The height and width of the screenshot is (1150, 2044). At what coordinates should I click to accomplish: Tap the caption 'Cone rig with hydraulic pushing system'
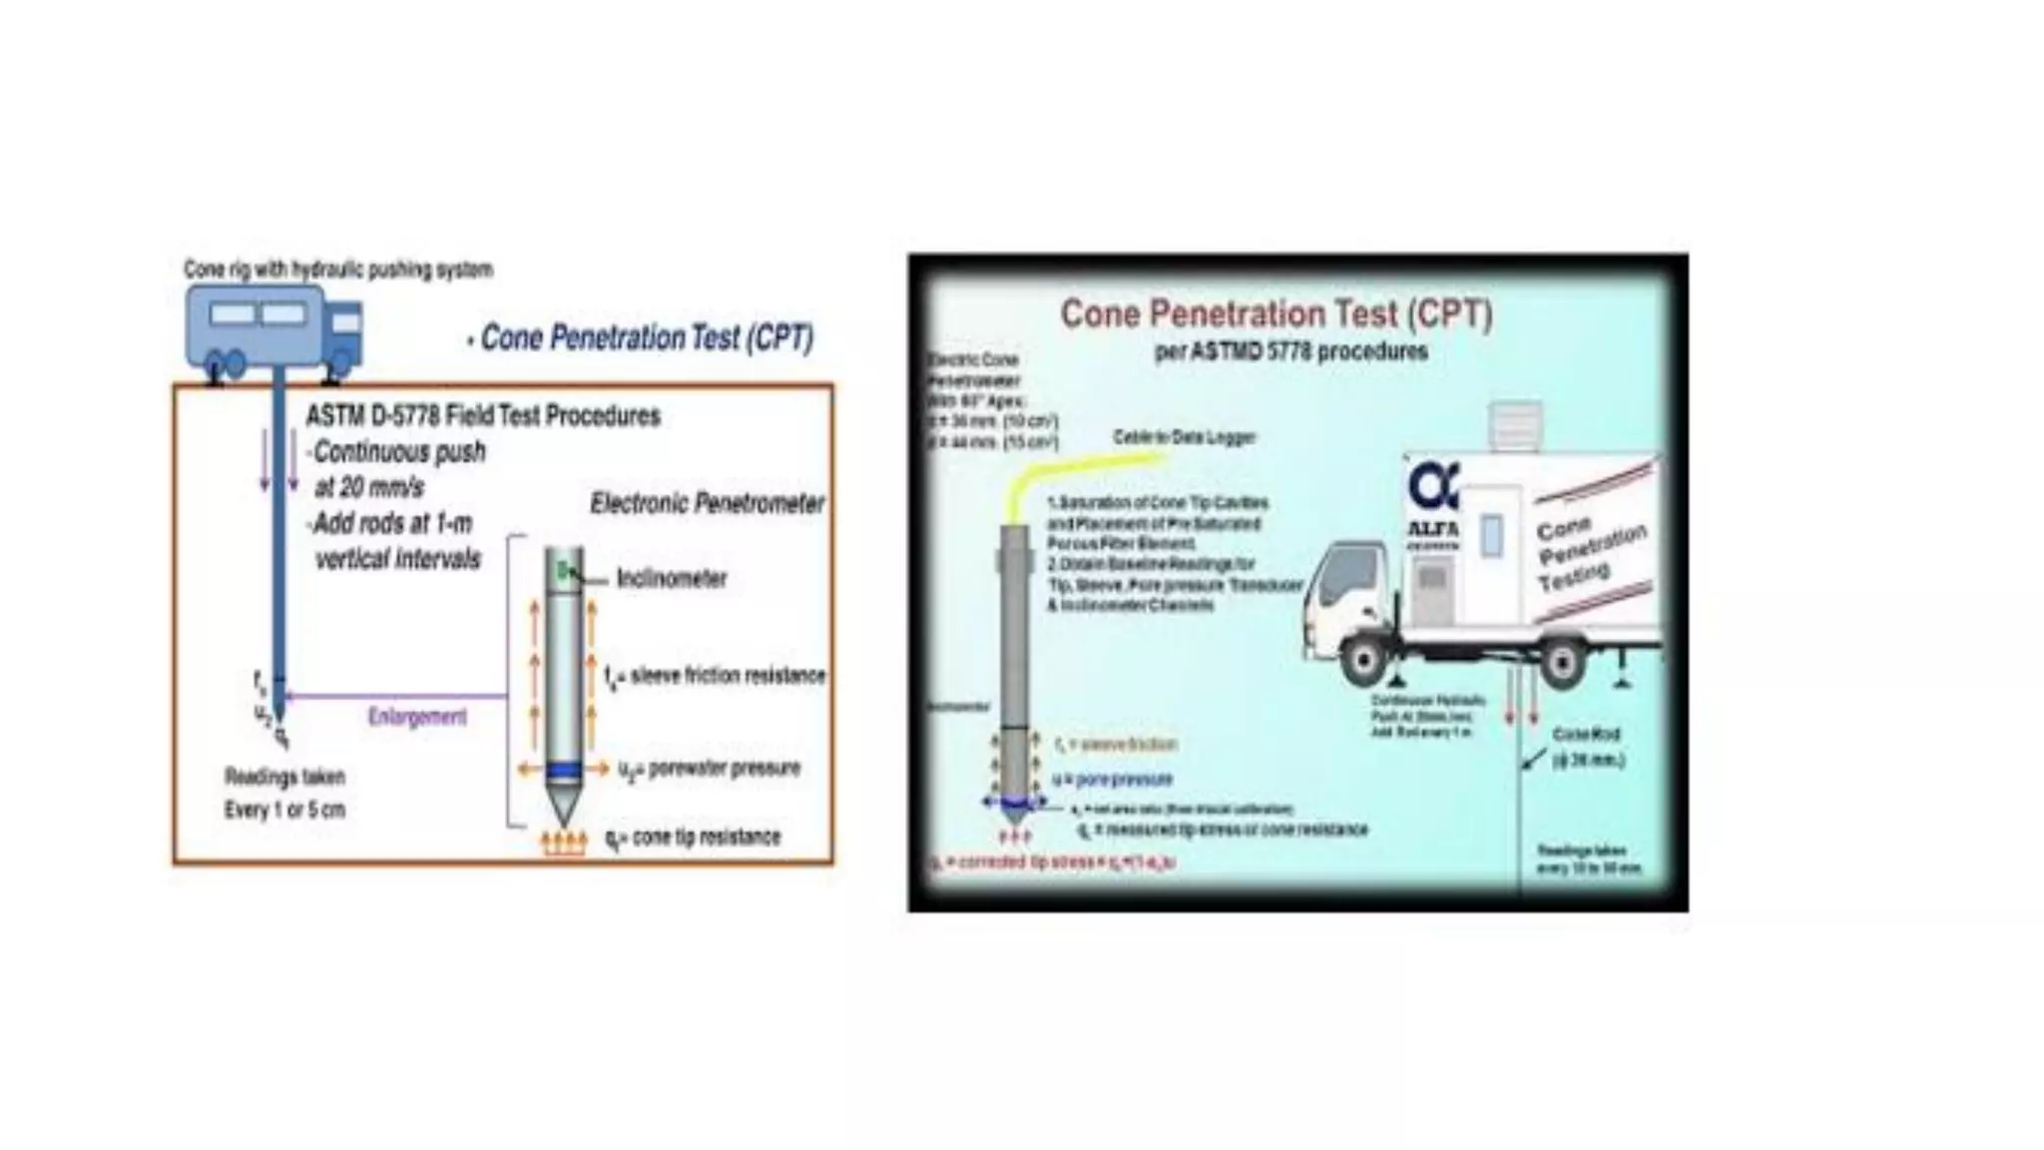pyautogui.click(x=337, y=270)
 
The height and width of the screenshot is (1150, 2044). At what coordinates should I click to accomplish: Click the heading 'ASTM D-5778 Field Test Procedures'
pyautogui.click(x=483, y=415)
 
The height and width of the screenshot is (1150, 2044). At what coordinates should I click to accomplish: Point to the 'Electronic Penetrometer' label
pyautogui.click(x=707, y=503)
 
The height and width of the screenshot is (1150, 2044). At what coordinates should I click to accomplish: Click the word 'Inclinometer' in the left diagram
pyautogui.click(x=672, y=579)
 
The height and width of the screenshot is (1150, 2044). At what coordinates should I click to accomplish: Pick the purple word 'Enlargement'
pyautogui.click(x=417, y=717)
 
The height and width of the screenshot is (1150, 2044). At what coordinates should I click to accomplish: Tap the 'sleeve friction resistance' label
pyautogui.click(x=728, y=676)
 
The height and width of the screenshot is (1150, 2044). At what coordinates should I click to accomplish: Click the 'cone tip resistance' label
pyautogui.click(x=706, y=838)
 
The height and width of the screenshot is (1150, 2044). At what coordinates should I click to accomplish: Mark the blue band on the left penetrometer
pyautogui.click(x=564, y=770)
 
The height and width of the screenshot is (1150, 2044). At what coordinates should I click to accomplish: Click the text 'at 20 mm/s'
pyautogui.click(x=369, y=488)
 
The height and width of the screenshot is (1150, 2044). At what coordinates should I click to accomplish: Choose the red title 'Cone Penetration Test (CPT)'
pyautogui.click(x=1277, y=314)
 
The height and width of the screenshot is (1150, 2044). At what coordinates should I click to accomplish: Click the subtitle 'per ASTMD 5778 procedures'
pyautogui.click(x=1290, y=352)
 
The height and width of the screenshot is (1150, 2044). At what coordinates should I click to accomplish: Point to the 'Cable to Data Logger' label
pyautogui.click(x=1184, y=437)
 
